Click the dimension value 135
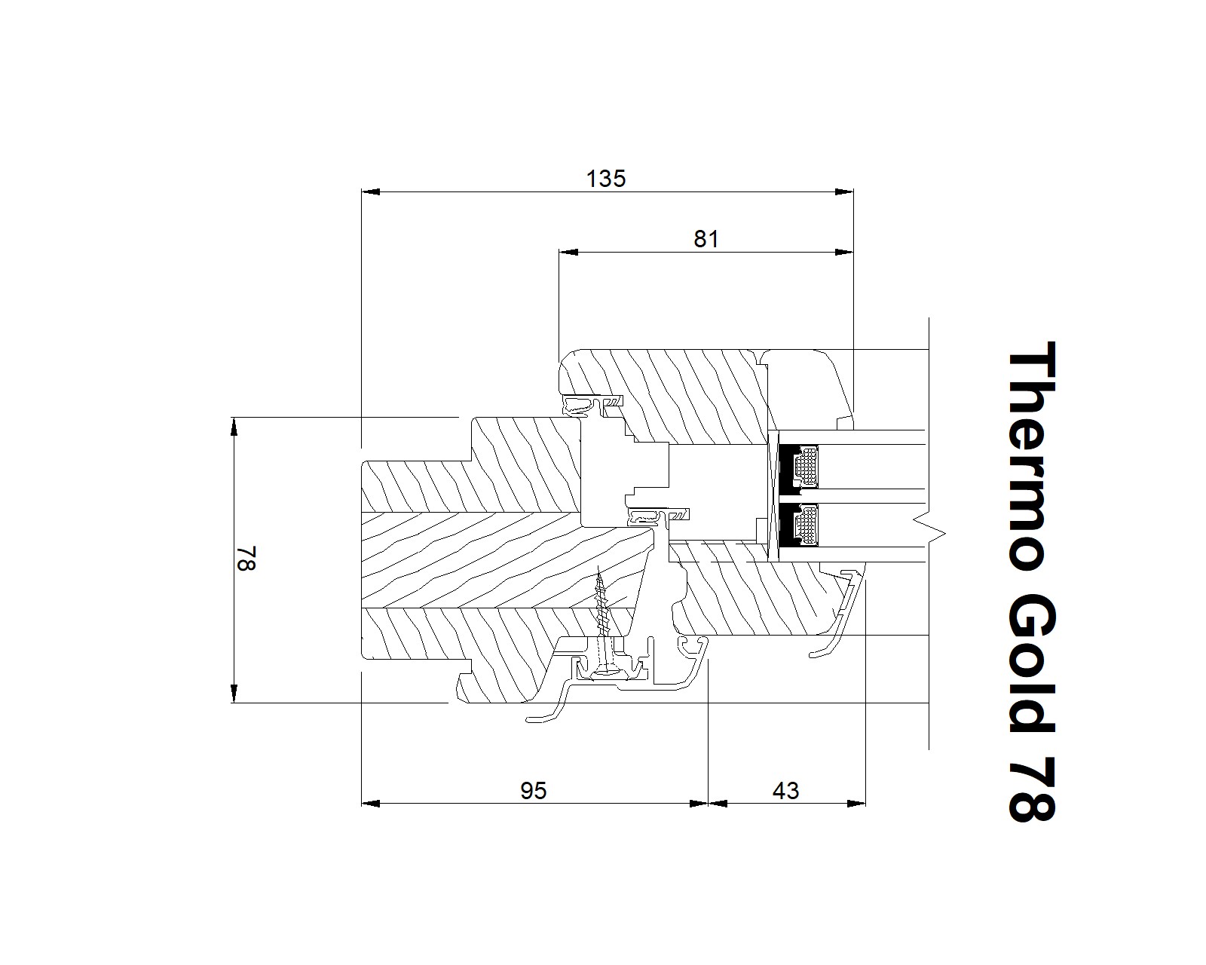[x=606, y=179]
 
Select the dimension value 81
[x=706, y=239]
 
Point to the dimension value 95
[x=533, y=791]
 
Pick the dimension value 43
[x=785, y=791]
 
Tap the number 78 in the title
[x=1031, y=789]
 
